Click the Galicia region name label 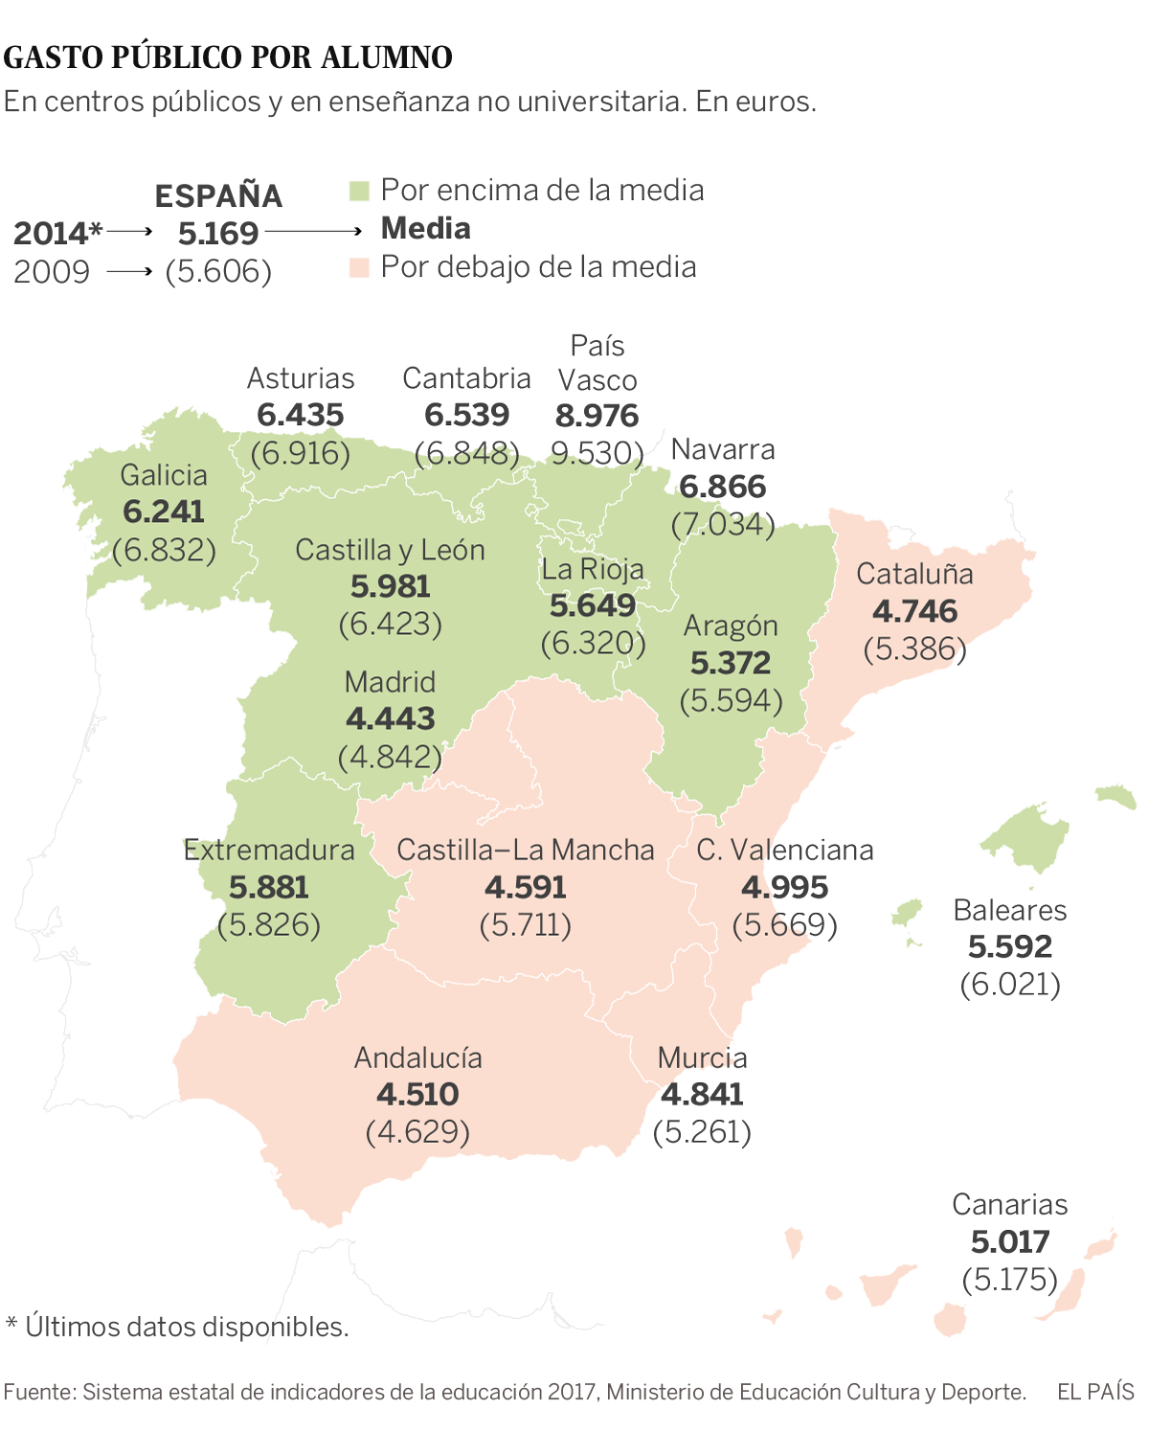pyautogui.click(x=164, y=475)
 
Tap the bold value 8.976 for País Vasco pyautogui.click(x=597, y=416)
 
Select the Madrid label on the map pyautogui.click(x=390, y=682)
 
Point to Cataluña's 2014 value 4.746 pyautogui.click(x=914, y=611)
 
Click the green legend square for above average pyautogui.click(x=359, y=191)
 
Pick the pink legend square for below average pyautogui.click(x=359, y=267)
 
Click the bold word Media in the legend pyautogui.click(x=426, y=229)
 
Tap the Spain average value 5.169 pyautogui.click(x=218, y=233)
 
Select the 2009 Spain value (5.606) pyautogui.click(x=218, y=272)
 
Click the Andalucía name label pyautogui.click(x=418, y=1057)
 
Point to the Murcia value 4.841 pyautogui.click(x=702, y=1094)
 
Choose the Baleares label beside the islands pyautogui.click(x=1009, y=910)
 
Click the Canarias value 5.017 pyautogui.click(x=1010, y=1241)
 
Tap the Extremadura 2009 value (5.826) pyautogui.click(x=269, y=925)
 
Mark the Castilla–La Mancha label pyautogui.click(x=526, y=850)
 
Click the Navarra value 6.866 pyautogui.click(x=722, y=487)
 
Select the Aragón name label pyautogui.click(x=731, y=626)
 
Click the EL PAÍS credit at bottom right pyautogui.click(x=1095, y=1392)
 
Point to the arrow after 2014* pyautogui.click(x=129, y=232)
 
